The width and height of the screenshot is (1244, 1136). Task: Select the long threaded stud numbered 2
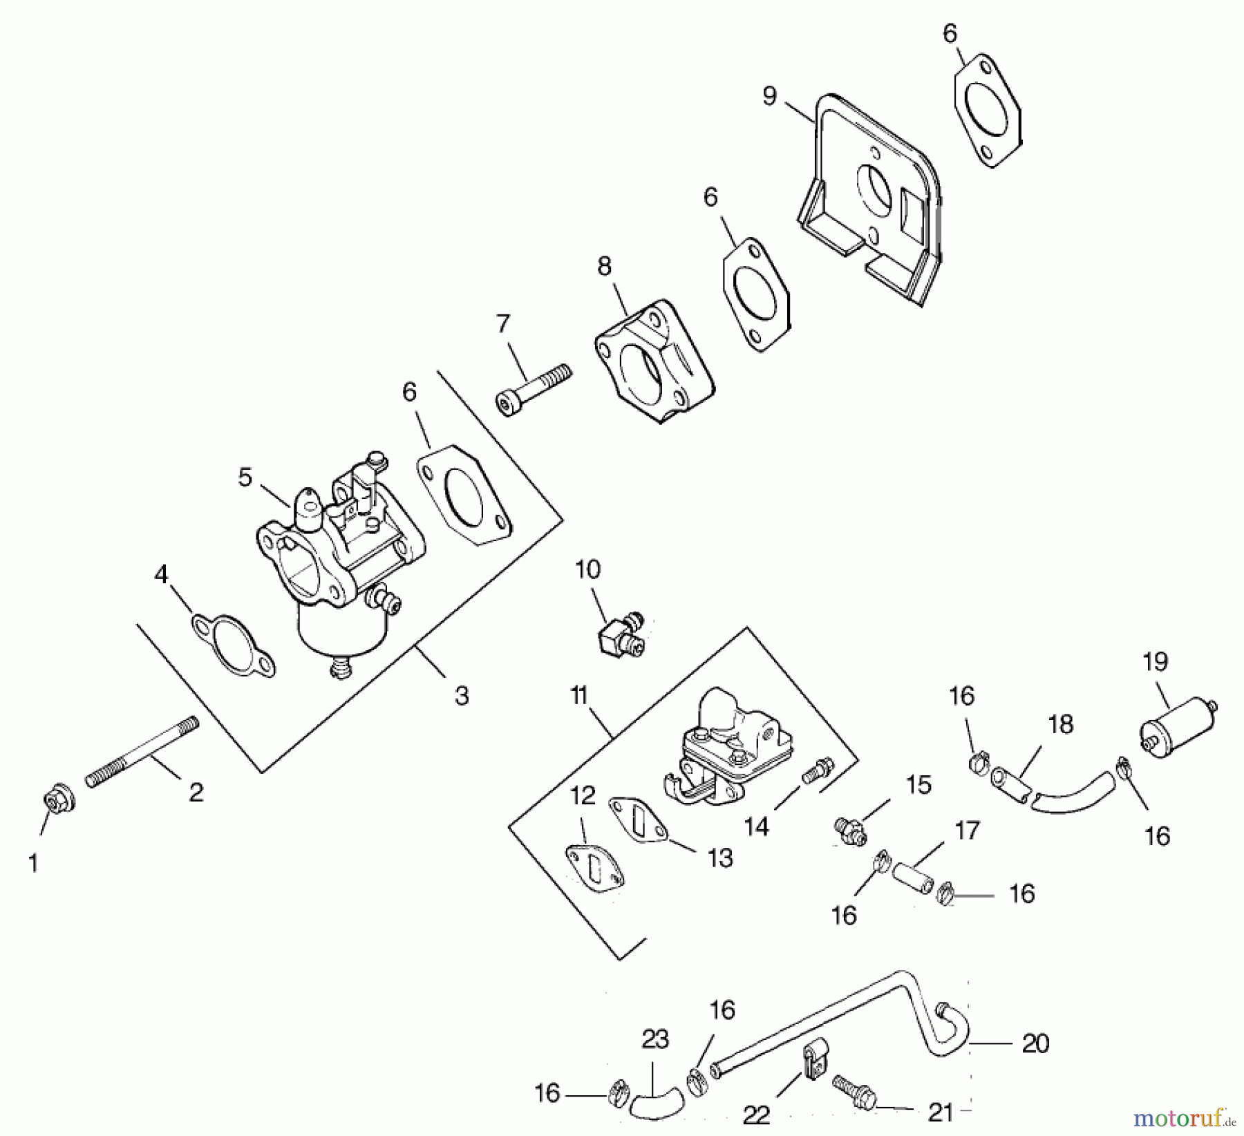142,752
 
